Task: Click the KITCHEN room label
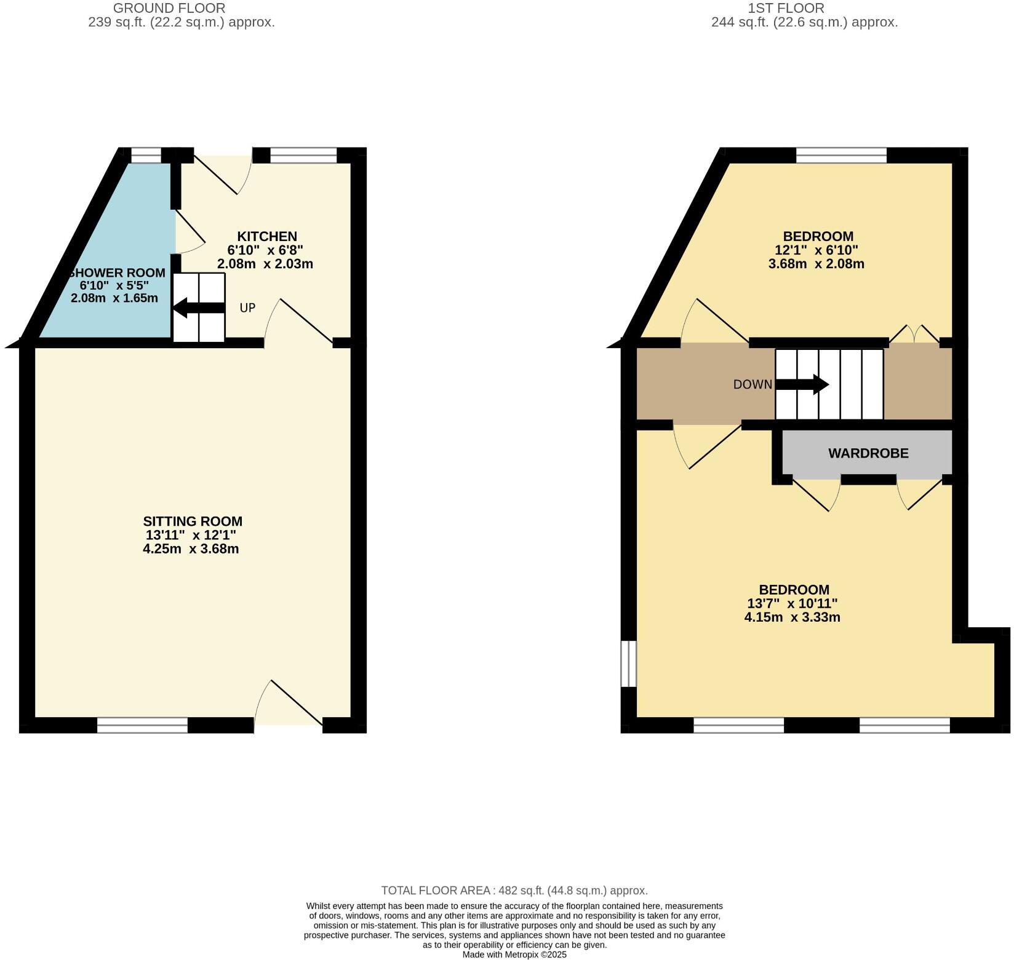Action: [x=267, y=236]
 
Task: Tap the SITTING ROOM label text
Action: [x=193, y=522]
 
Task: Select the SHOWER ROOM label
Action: [x=117, y=273]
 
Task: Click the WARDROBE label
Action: [x=868, y=453]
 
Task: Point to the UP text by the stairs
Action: [x=247, y=307]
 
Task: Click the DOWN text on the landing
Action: [x=753, y=384]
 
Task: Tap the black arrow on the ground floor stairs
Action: [x=198, y=307]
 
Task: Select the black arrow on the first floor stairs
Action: [x=802, y=385]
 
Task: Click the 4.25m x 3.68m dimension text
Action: [x=191, y=549]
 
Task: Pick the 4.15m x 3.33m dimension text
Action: [x=792, y=617]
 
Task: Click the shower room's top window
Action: [x=146, y=156]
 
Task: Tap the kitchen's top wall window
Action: [x=303, y=156]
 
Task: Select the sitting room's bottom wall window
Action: [x=142, y=726]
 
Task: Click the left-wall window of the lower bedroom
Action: [x=628, y=664]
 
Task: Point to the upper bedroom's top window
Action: [x=841, y=156]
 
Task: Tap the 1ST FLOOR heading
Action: [x=786, y=9]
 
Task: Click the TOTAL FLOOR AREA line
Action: [x=514, y=891]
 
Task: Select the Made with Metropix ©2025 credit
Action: [x=514, y=954]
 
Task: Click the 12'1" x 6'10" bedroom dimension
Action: [x=816, y=250]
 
